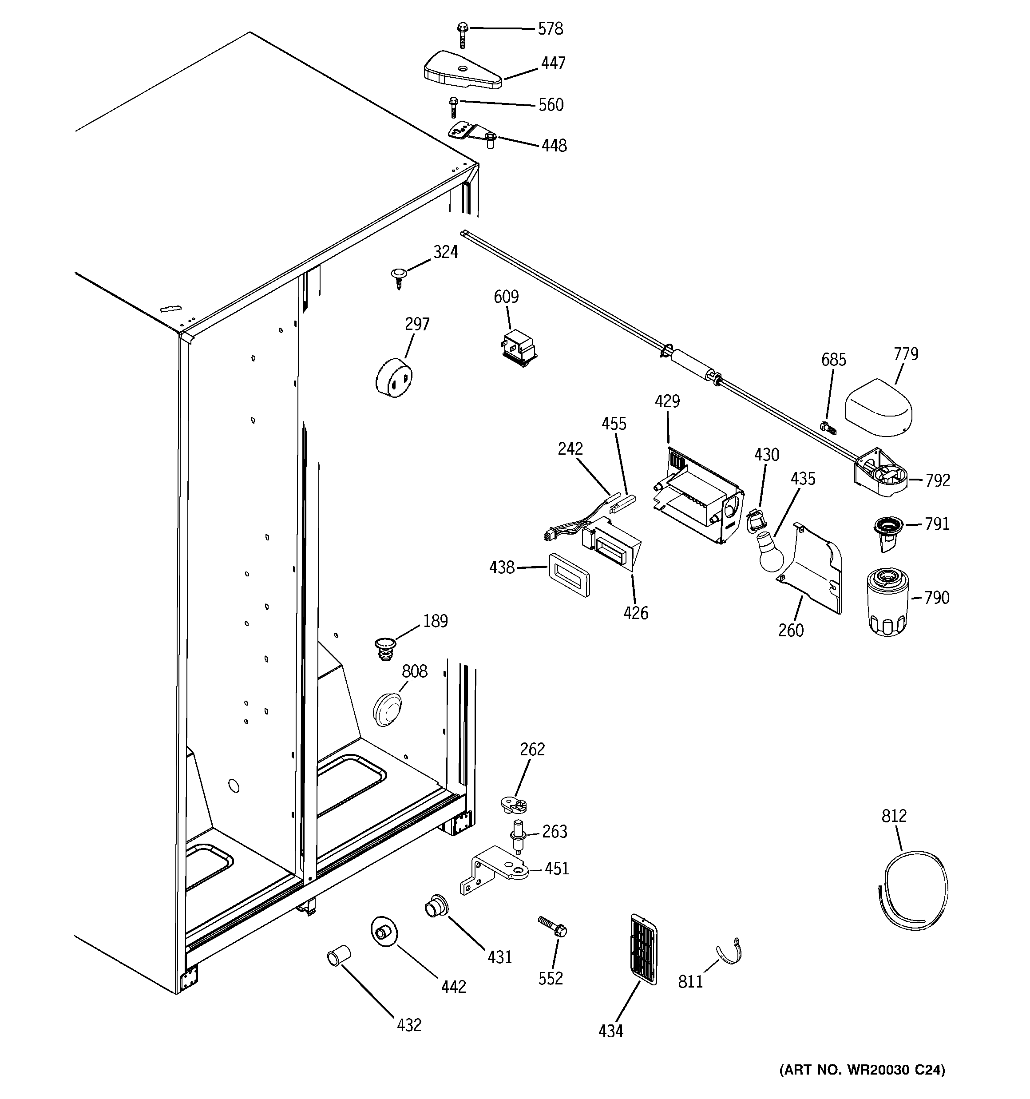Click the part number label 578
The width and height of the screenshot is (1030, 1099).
pyautogui.click(x=550, y=29)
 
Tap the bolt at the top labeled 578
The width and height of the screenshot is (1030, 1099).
pyautogui.click(x=463, y=35)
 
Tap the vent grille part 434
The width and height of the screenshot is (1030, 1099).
pyautogui.click(x=644, y=957)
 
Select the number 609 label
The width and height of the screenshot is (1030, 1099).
pyautogui.click(x=506, y=298)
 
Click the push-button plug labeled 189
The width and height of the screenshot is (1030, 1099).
pyautogui.click(x=386, y=647)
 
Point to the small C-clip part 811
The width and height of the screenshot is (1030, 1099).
pyautogui.click(x=729, y=952)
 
